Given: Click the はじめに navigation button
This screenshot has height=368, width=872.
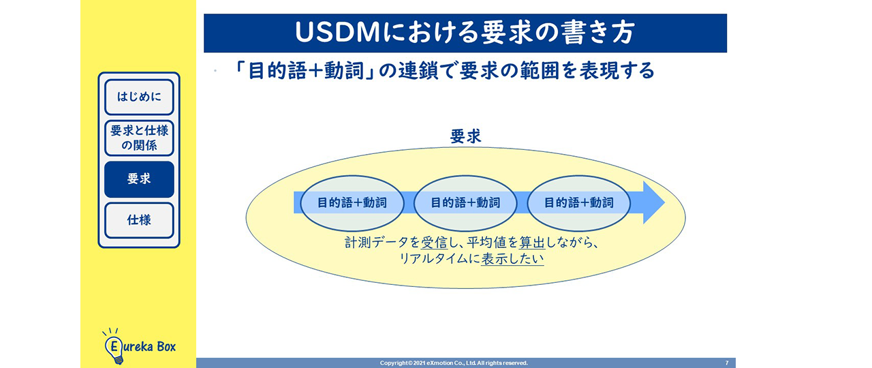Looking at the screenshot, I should click(x=139, y=97).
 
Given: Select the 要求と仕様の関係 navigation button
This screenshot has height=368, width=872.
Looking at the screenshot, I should click(x=139, y=138).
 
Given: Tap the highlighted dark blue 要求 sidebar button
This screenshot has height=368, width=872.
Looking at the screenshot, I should click(x=139, y=179).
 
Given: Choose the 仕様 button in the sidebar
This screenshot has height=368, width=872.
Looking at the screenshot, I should click(x=139, y=220).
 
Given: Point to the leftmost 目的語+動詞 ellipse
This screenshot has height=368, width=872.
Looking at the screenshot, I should click(x=352, y=202).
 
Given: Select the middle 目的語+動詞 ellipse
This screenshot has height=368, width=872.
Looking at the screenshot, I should click(x=465, y=202).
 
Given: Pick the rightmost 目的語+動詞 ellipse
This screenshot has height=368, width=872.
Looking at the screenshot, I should click(x=578, y=202).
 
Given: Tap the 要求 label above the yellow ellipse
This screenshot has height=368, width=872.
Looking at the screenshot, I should click(x=465, y=136).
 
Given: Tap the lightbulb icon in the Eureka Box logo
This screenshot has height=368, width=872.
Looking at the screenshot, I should click(x=113, y=348).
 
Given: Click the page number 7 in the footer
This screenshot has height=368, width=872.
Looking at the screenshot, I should click(x=727, y=363).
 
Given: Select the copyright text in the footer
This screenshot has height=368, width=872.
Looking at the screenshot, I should click(x=454, y=363).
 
